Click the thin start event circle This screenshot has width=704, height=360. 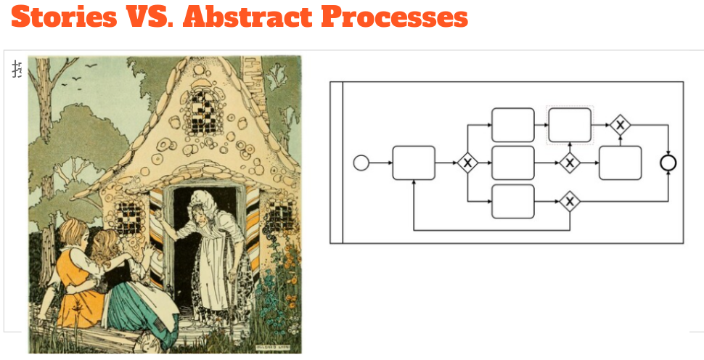point(361,163)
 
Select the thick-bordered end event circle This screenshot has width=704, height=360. point(668,163)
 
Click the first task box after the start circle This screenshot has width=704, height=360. point(414,163)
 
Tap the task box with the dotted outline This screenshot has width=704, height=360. point(570,125)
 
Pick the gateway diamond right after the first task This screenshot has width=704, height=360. point(467,163)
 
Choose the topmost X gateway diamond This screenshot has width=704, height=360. point(619,125)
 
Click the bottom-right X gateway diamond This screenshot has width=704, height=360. point(570,201)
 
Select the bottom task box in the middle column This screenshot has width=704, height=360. point(513,201)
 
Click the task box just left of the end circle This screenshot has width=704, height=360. point(620,163)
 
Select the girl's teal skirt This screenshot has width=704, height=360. point(134,305)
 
